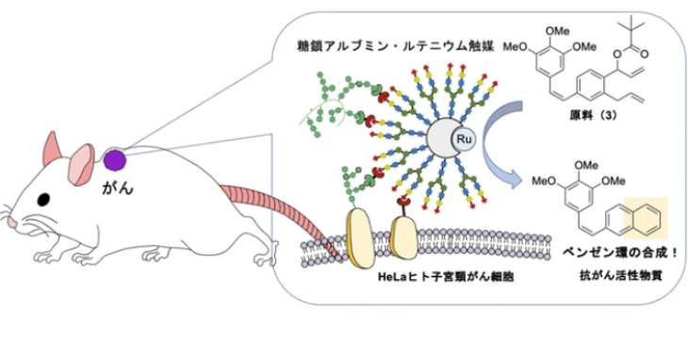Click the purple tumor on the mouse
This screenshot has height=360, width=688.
tap(115, 160)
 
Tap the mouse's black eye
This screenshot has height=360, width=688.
tap(43, 200)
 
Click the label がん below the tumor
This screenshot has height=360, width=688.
tap(117, 188)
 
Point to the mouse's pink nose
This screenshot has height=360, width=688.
tap(12, 222)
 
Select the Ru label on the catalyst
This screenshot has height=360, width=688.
tap(464, 139)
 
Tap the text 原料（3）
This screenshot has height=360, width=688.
tap(593, 115)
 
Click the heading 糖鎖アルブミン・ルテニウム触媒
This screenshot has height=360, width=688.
tap(395, 46)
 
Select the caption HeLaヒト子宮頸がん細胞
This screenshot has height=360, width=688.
tap(446, 277)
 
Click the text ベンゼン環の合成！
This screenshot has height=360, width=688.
tap(620, 253)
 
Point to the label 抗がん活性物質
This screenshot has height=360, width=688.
tap(620, 276)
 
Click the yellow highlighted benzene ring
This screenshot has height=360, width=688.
tap(646, 219)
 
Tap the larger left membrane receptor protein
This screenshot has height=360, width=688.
tap(361, 238)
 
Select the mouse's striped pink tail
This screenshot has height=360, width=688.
tap(282, 216)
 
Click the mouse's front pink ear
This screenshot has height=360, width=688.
tap(81, 164)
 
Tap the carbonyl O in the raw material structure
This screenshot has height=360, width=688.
tap(644, 55)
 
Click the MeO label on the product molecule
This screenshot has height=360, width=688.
tap(543, 181)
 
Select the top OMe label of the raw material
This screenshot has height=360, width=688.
tap(557, 31)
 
